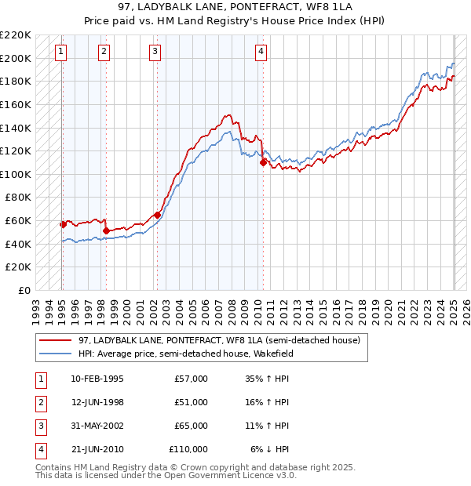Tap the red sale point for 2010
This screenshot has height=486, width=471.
[x=264, y=162]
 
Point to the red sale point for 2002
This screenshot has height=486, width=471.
[x=157, y=215]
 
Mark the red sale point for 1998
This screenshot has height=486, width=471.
[x=106, y=230]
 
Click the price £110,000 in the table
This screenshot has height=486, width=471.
[x=188, y=449]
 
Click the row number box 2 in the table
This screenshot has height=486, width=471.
[x=39, y=402]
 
